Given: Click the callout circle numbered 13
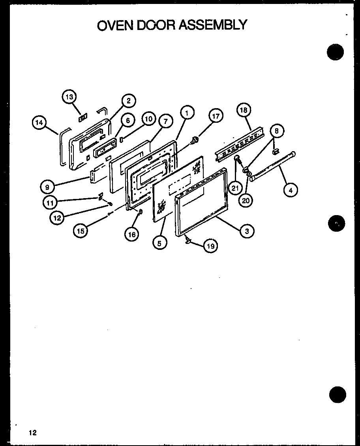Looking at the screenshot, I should point(69,97).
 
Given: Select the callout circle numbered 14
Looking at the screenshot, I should point(39,123).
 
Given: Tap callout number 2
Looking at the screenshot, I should point(129,101).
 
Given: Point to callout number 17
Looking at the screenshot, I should point(216,116).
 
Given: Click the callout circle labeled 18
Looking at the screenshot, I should point(244,110).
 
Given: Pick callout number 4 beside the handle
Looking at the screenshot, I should point(291,190).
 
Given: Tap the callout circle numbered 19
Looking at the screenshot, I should point(210,246).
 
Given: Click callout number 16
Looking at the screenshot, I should point(131,234).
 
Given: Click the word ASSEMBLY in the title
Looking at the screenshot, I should point(214,25).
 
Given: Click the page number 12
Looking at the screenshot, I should point(32,433).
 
